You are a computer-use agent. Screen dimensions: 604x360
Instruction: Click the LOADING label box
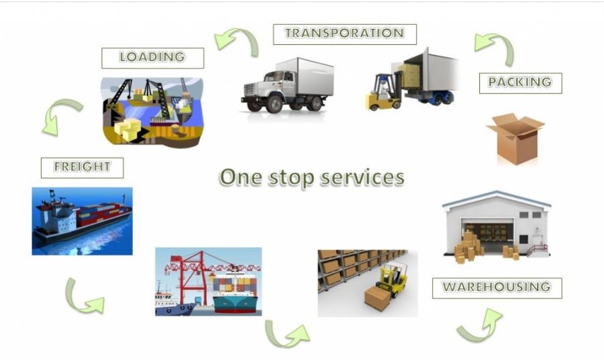(152, 58)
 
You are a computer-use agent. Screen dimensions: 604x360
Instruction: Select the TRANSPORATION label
(345, 34)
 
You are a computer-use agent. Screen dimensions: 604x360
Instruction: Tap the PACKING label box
(520, 83)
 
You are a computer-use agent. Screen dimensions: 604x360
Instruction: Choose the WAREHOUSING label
(497, 288)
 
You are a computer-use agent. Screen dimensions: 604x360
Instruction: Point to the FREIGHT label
(82, 168)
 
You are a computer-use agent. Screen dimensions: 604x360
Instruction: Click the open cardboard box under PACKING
(515, 138)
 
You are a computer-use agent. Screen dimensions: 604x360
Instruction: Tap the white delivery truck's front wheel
(274, 103)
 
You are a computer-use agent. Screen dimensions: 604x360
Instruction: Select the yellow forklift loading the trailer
(384, 91)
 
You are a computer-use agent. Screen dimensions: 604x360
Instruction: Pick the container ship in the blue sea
(83, 218)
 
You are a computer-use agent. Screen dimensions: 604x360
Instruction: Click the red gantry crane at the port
(193, 275)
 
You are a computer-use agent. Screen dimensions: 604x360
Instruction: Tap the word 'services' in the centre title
(362, 177)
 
